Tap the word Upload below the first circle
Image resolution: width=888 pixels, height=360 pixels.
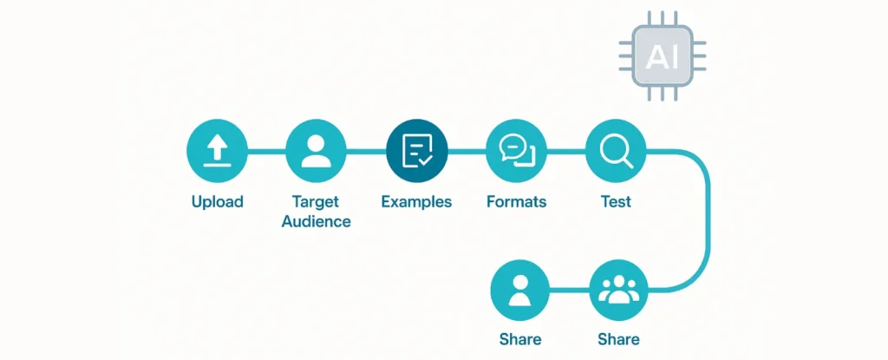click(218, 202)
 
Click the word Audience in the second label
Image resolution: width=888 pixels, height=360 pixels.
click(317, 221)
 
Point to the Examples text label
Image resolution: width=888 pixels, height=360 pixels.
click(416, 202)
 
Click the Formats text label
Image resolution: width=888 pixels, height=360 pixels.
click(517, 202)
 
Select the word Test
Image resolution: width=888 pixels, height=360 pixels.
click(616, 202)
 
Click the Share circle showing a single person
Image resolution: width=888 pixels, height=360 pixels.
click(520, 291)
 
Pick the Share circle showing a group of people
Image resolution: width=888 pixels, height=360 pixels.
click(618, 291)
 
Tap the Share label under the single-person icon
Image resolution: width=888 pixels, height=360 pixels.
click(520, 339)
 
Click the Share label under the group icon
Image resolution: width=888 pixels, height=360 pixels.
click(618, 339)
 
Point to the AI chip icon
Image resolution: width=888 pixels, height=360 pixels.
click(662, 56)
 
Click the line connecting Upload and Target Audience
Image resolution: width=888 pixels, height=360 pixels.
click(267, 152)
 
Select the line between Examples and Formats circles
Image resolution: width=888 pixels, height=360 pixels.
click(467, 152)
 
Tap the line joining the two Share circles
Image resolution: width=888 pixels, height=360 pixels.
click(570, 291)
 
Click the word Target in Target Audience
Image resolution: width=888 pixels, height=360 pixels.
click(317, 202)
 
